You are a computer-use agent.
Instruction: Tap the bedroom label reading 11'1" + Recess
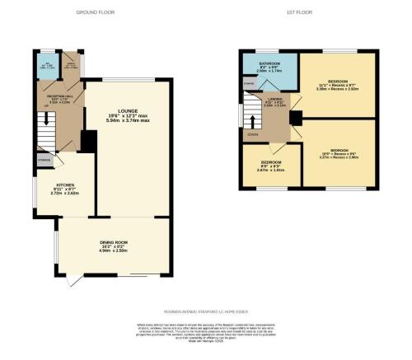tap(338, 82)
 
